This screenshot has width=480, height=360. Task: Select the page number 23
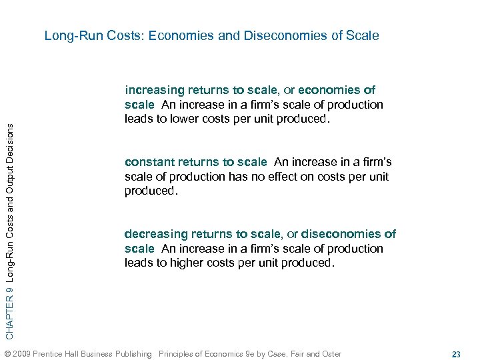coord(456,354)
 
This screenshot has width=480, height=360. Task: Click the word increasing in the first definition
coord(155,90)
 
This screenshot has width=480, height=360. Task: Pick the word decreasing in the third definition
coord(155,234)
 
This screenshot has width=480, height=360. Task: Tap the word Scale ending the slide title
coord(363,35)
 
